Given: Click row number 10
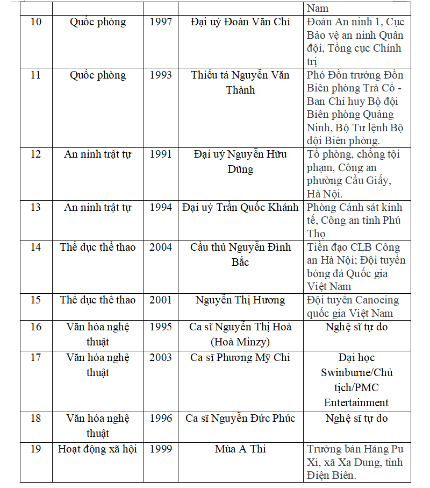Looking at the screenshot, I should point(35,22).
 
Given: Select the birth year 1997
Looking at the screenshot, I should point(161,22).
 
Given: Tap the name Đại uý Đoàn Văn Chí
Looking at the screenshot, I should point(240,22).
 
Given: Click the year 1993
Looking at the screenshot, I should point(161,75).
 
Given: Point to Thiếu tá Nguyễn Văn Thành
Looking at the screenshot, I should point(240,82).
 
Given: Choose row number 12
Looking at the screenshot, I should point(35,154).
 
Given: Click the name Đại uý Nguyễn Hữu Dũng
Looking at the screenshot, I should point(240,161).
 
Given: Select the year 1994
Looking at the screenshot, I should point(161,207).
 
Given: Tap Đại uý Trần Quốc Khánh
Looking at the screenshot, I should point(240,207).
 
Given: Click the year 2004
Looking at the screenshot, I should point(161,247).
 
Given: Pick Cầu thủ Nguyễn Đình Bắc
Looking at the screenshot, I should point(240,254).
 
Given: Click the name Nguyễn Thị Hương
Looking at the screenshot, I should point(240,300).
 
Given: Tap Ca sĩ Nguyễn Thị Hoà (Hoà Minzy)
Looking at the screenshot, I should point(240,334).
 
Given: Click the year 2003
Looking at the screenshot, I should point(161,357).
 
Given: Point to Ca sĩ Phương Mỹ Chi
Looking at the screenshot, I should point(240,357).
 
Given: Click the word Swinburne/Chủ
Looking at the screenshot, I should point(356,372).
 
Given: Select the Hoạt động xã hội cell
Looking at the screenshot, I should point(97,449).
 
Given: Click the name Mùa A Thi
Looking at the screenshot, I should point(240,449).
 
